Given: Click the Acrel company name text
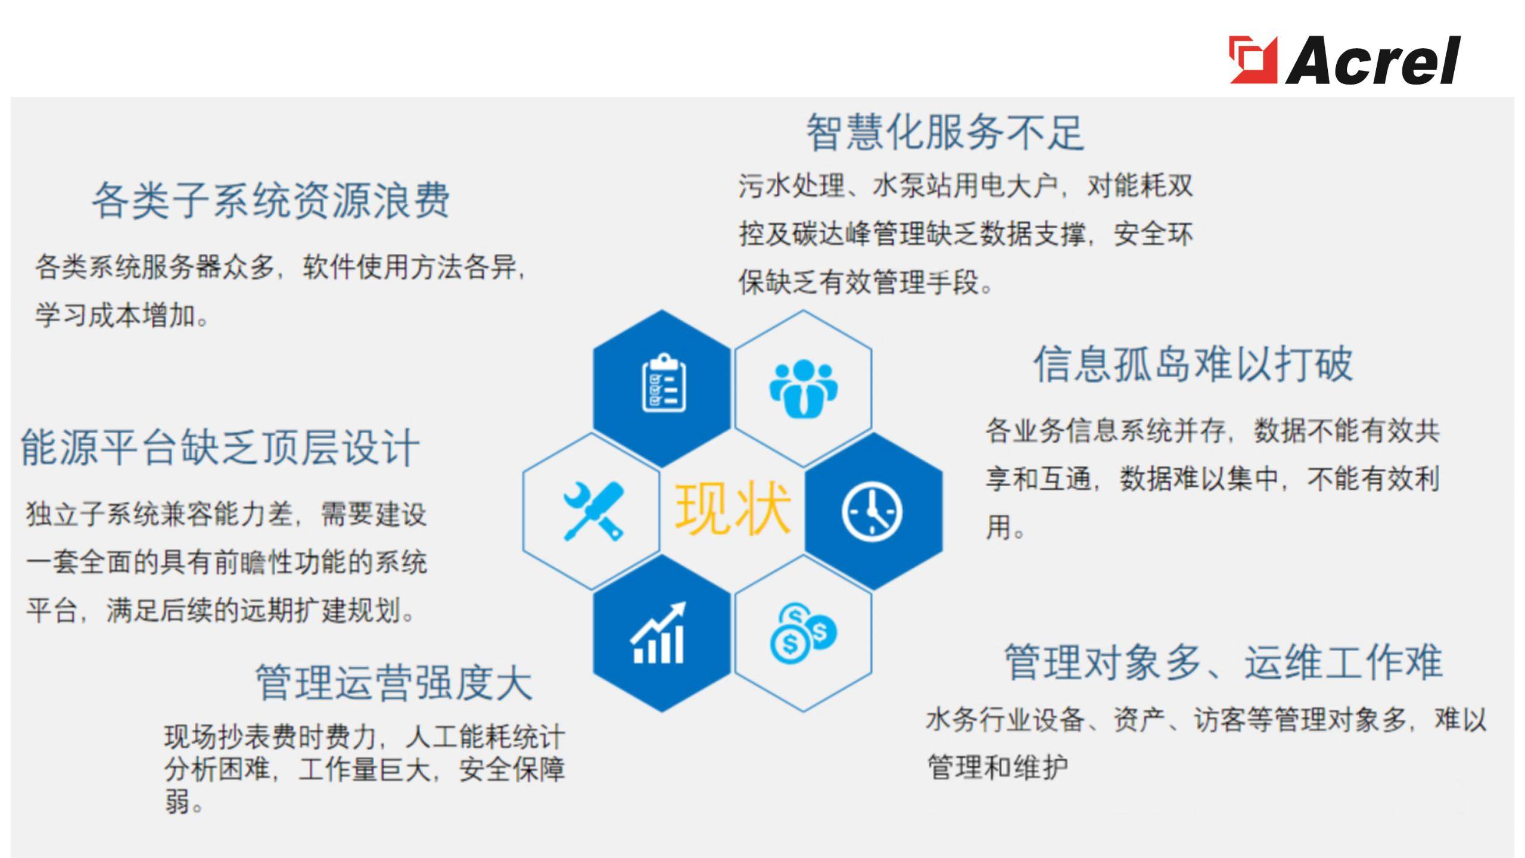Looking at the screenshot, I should pos(1372,60).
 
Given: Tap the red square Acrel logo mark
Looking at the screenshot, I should pos(1253,60).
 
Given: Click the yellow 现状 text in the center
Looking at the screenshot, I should pos(732,508).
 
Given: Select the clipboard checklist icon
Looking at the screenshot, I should pos(664,384).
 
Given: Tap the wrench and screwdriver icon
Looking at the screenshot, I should pos(593,511).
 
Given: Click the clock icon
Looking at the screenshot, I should pos(872,511).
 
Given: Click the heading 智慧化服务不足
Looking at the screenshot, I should pos(945,132).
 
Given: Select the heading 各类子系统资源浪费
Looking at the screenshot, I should pos(271,200).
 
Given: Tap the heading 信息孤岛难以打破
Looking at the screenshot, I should pos(1193,364).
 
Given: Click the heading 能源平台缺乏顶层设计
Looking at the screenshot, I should pos(220,447).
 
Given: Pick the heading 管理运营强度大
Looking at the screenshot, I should pos(394,683).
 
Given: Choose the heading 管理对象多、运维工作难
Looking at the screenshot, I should pos(1224,663).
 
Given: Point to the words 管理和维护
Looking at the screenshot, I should pos(998,767).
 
